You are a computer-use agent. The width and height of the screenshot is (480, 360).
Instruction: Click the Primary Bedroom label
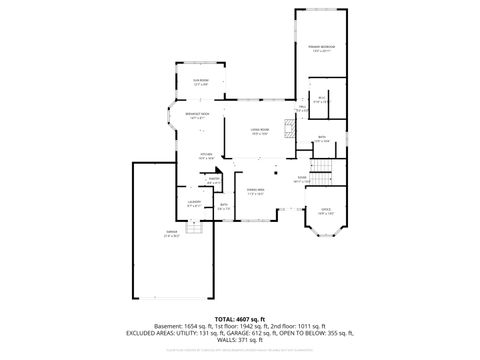point(322,47)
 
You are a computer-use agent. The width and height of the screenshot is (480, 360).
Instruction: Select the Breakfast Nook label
point(197,115)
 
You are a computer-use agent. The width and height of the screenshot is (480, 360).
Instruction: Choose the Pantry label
point(213,181)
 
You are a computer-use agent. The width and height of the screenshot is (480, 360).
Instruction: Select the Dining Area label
point(256,190)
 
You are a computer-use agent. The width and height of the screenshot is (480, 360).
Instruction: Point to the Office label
point(325,211)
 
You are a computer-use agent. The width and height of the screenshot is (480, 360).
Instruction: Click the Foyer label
point(301,179)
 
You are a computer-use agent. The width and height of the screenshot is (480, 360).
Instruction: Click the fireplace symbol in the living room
point(288,128)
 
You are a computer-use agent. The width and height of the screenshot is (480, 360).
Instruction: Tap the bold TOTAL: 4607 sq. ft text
point(240,318)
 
